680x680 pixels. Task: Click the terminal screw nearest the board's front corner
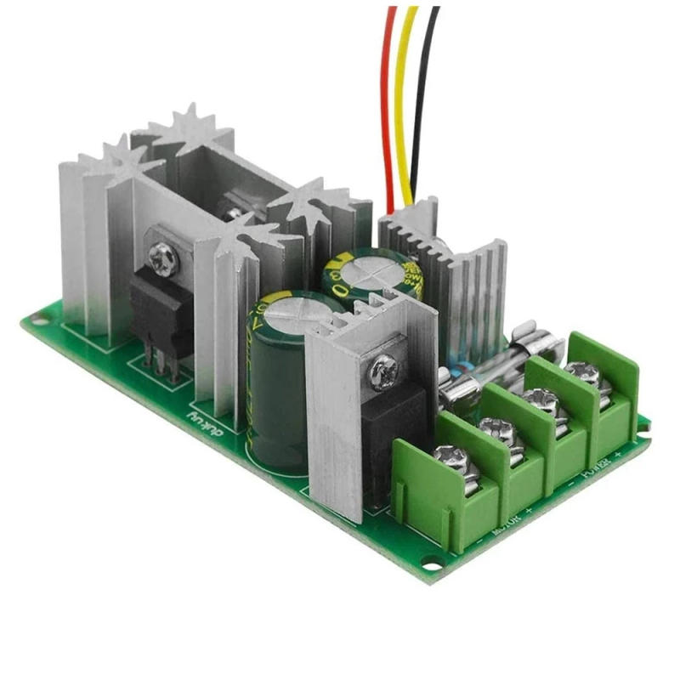[x=448, y=460]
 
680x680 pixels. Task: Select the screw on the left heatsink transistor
[x=161, y=252]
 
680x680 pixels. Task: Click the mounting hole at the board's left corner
[x=35, y=320]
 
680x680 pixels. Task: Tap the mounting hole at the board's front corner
[x=434, y=562]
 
